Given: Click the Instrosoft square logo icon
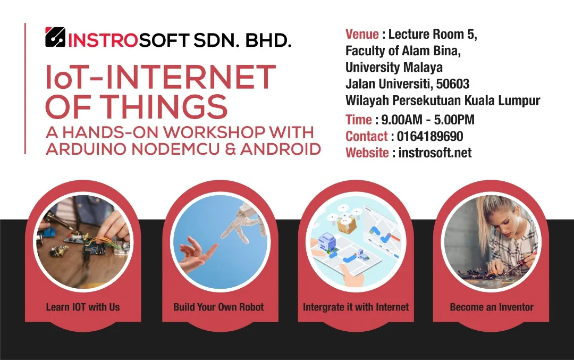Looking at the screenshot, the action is click(x=55, y=37).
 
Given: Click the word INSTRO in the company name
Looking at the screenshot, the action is click(x=103, y=40).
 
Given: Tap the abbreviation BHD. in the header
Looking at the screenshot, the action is click(x=268, y=40).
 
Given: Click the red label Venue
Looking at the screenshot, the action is click(x=362, y=34).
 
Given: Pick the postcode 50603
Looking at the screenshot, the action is click(x=453, y=84).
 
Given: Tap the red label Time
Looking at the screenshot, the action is click(x=359, y=120).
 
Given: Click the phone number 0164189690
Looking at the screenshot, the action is click(x=430, y=136).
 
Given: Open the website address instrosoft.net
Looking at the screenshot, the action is click(x=435, y=153).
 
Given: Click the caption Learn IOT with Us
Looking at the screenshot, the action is click(x=83, y=307).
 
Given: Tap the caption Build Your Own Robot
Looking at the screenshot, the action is click(x=218, y=307).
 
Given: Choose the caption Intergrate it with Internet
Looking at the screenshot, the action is click(x=356, y=307).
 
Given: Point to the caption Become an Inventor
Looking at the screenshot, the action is click(x=492, y=307).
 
